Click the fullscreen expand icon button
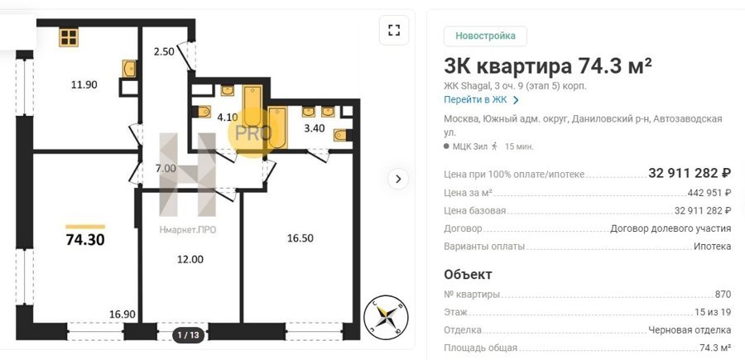coord(394,31)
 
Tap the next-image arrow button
coord(398,179)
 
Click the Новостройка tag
coord(485,36)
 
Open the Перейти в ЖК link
coord(481,100)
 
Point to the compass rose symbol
coord(385,317)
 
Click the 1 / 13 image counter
coord(188,335)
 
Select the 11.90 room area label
coord(84,85)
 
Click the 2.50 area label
coord(164,52)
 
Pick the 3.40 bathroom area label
coord(314,127)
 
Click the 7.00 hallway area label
coord(166,168)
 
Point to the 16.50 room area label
coord(300,238)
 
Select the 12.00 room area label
coord(190,259)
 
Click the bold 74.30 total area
coord(85,240)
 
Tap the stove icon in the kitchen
coord(69,37)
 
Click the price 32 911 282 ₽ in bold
coord(690,173)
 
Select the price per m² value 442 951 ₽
coord(709,193)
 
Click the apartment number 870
coord(723,295)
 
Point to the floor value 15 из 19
coord(713,312)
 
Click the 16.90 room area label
coord(123,314)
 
